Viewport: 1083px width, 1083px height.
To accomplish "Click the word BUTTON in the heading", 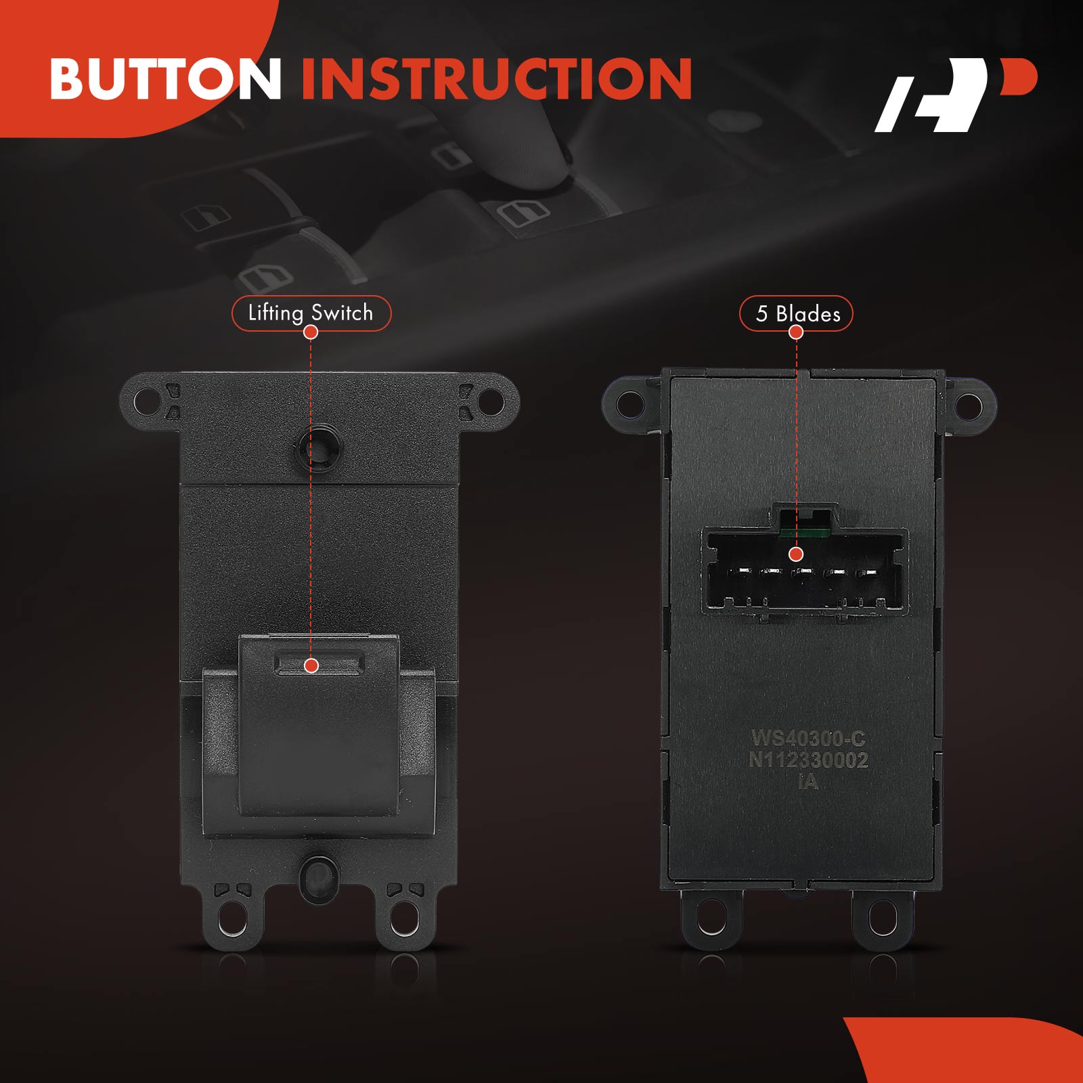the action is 166,79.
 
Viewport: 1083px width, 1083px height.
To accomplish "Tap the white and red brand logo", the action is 955,95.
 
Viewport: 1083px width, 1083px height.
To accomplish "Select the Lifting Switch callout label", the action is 311,313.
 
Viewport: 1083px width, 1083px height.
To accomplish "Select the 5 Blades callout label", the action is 797,313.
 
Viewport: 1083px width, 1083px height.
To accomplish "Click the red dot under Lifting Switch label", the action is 311,332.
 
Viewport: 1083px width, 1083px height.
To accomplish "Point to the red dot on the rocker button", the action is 311,665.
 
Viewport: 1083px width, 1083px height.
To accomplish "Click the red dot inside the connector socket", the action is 797,554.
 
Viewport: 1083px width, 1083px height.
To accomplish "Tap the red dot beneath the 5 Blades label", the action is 797,332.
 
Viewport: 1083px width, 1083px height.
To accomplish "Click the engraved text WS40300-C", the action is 808,738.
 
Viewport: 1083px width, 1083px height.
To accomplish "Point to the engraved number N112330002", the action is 808,760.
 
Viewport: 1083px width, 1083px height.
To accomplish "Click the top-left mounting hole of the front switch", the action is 146,402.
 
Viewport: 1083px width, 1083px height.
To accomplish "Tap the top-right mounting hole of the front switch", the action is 491,402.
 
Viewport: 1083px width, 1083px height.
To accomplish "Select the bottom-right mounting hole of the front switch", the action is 404,916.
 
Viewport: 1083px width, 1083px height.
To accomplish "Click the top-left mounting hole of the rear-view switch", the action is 631,404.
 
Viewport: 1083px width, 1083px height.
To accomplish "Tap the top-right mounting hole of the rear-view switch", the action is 969,405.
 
